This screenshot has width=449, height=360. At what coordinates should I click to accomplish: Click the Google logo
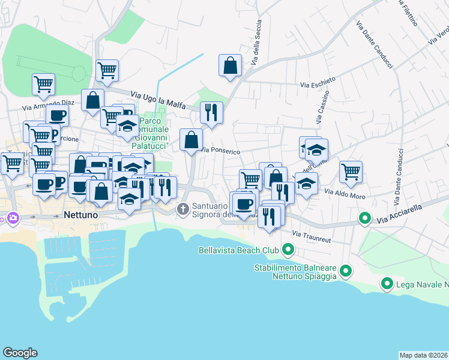(20, 353)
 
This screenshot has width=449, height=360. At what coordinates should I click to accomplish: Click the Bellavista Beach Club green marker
(288, 248)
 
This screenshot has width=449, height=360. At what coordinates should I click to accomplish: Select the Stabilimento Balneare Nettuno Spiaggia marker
(345, 272)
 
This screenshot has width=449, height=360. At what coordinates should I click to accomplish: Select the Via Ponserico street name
(221, 151)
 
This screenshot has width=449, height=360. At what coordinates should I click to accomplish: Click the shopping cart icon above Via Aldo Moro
(351, 171)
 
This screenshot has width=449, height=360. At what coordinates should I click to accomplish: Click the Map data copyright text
(423, 355)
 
